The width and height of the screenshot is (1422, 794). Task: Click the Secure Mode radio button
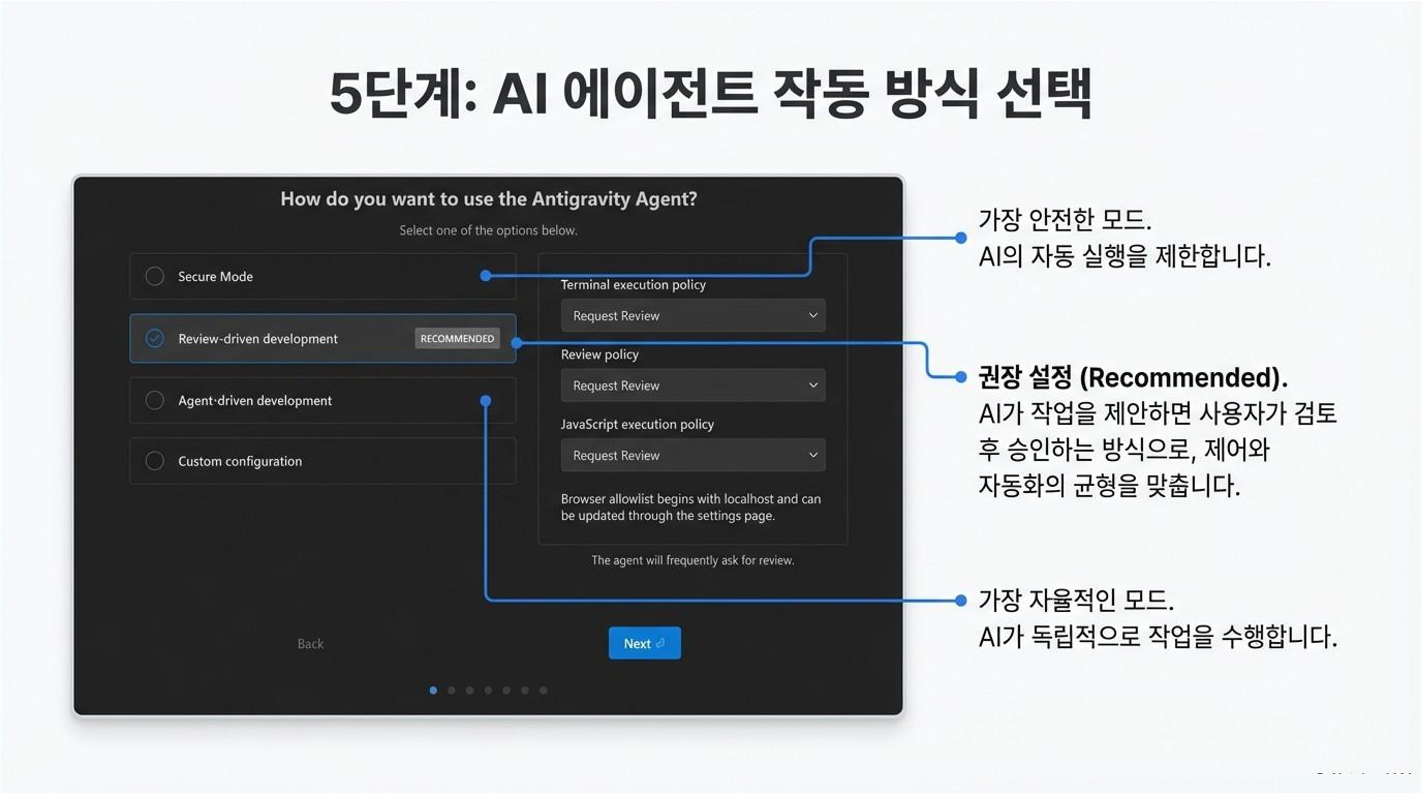155,276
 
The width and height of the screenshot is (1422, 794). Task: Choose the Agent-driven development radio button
155,400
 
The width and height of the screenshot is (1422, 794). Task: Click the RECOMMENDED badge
457,338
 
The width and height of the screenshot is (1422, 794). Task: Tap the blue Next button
644,643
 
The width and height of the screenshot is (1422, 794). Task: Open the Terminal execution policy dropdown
693,315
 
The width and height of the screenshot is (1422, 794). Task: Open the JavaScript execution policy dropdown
693,455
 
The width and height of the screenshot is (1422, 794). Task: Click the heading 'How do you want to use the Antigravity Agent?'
489,199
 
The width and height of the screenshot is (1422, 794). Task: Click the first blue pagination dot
433,690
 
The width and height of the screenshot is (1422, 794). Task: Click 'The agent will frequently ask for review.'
693,561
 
